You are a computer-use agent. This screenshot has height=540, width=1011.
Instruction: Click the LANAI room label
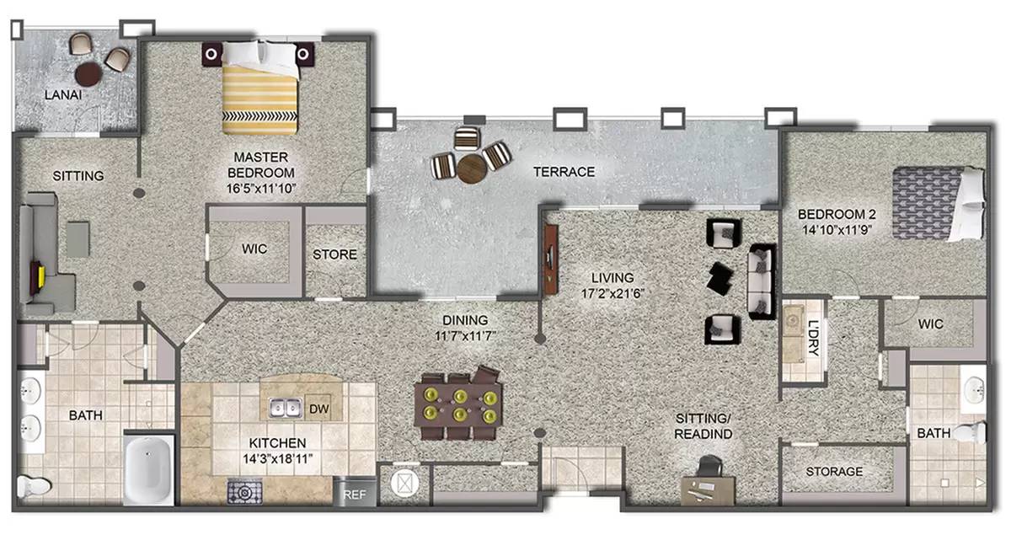tap(63, 95)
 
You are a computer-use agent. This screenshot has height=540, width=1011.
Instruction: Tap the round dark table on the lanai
tap(88, 74)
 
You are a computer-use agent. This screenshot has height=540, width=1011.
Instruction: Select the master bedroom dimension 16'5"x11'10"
tap(261, 189)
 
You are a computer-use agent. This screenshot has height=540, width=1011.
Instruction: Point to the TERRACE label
tap(564, 172)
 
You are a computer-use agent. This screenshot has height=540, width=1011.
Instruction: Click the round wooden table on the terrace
tap(472, 168)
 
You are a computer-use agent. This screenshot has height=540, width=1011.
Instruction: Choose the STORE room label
tap(335, 254)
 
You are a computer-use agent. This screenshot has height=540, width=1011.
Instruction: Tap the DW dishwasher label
tap(318, 409)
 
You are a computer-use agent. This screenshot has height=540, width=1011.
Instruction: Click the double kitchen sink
tap(286, 408)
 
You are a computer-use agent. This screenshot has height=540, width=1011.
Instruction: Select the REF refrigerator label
tap(355, 495)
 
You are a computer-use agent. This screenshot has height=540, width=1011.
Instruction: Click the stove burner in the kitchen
tap(244, 491)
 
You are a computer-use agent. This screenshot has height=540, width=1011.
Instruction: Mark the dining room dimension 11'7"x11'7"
tap(465, 336)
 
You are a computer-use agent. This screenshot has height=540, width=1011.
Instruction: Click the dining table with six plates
tap(458, 404)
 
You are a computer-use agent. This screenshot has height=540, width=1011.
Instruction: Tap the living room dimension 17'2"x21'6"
tap(612, 294)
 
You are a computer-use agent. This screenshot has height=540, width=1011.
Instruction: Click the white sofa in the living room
tap(761, 281)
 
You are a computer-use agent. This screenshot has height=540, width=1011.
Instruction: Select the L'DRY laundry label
tap(813, 338)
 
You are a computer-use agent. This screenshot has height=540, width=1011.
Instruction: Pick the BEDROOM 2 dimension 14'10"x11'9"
tap(837, 230)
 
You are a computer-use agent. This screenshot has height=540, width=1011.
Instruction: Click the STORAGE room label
tap(834, 472)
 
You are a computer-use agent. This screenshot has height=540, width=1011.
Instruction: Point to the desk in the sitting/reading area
tap(708, 490)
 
